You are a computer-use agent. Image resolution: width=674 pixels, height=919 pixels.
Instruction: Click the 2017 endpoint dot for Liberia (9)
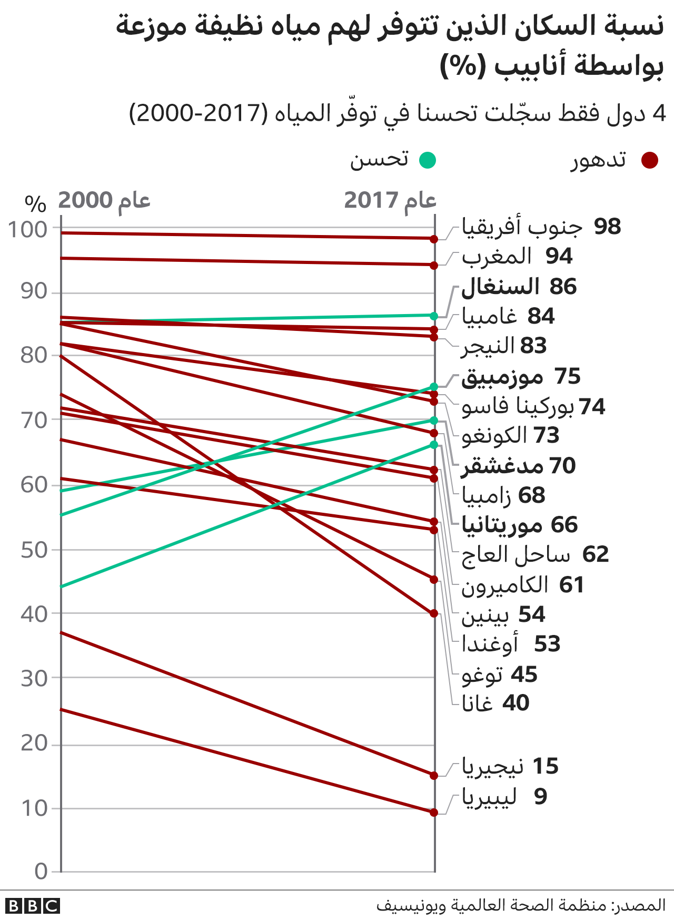tap(434, 813)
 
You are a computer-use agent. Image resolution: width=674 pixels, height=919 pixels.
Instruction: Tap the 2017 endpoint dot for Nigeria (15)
tap(434, 776)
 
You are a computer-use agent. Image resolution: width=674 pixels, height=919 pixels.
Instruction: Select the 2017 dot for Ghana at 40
tap(434, 613)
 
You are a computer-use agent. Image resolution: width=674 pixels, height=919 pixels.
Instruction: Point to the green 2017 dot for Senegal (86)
tap(434, 316)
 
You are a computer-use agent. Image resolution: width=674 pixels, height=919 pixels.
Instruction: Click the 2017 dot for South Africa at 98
tap(434, 239)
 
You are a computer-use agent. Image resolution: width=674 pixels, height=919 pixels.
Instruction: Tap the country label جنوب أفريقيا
tap(522, 227)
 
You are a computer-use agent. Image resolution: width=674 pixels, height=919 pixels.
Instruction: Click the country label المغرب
tap(497, 257)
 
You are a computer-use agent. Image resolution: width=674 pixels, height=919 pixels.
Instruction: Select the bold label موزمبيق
tap(502, 377)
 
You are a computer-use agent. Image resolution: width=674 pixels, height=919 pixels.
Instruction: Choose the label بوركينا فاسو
tap(518, 407)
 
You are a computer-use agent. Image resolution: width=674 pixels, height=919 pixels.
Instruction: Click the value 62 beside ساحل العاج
tap(596, 555)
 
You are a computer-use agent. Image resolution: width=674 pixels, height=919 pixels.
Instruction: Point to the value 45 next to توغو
tap(524, 674)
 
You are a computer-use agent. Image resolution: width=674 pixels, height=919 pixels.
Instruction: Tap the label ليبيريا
tap(489, 797)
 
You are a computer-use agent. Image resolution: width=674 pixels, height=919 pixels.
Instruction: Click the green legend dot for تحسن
tap(428, 160)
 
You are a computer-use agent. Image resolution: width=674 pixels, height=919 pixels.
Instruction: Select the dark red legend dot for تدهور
tap(650, 160)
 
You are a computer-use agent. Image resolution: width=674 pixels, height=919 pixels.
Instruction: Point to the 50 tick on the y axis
tap(34, 550)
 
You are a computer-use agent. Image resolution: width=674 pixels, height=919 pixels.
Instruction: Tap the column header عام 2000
tap(104, 201)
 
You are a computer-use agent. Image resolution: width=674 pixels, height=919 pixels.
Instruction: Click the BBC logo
tap(33, 906)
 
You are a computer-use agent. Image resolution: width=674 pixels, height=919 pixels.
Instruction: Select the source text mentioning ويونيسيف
tap(521, 905)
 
